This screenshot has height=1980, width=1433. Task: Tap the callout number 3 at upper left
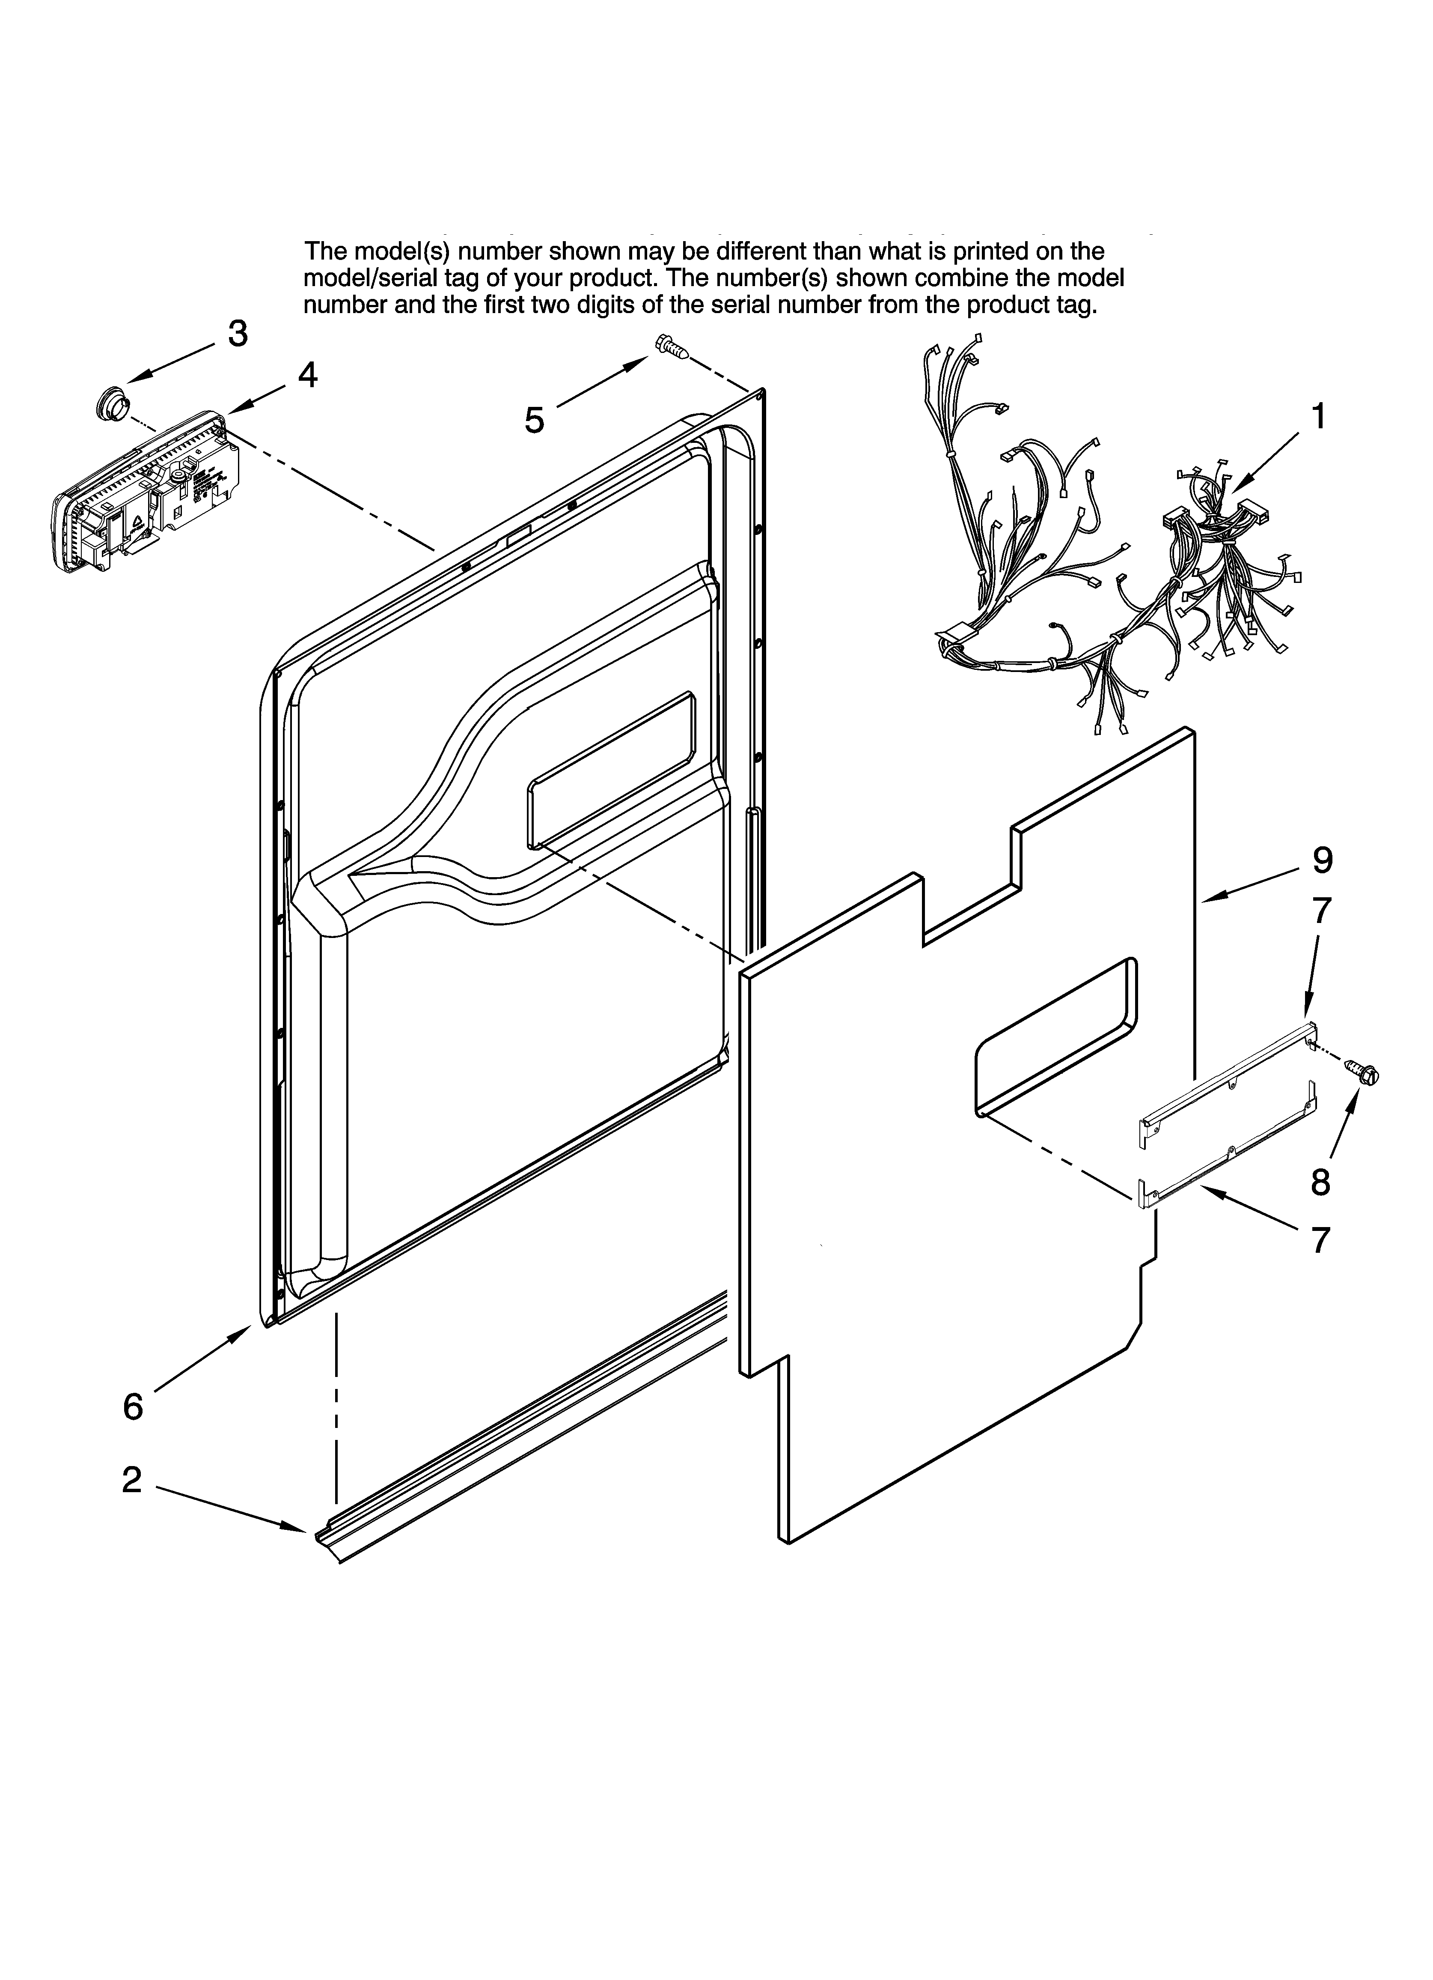[238, 334]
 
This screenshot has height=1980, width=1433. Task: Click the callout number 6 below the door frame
[133, 1407]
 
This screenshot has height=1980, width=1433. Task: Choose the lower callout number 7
[1320, 1239]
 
